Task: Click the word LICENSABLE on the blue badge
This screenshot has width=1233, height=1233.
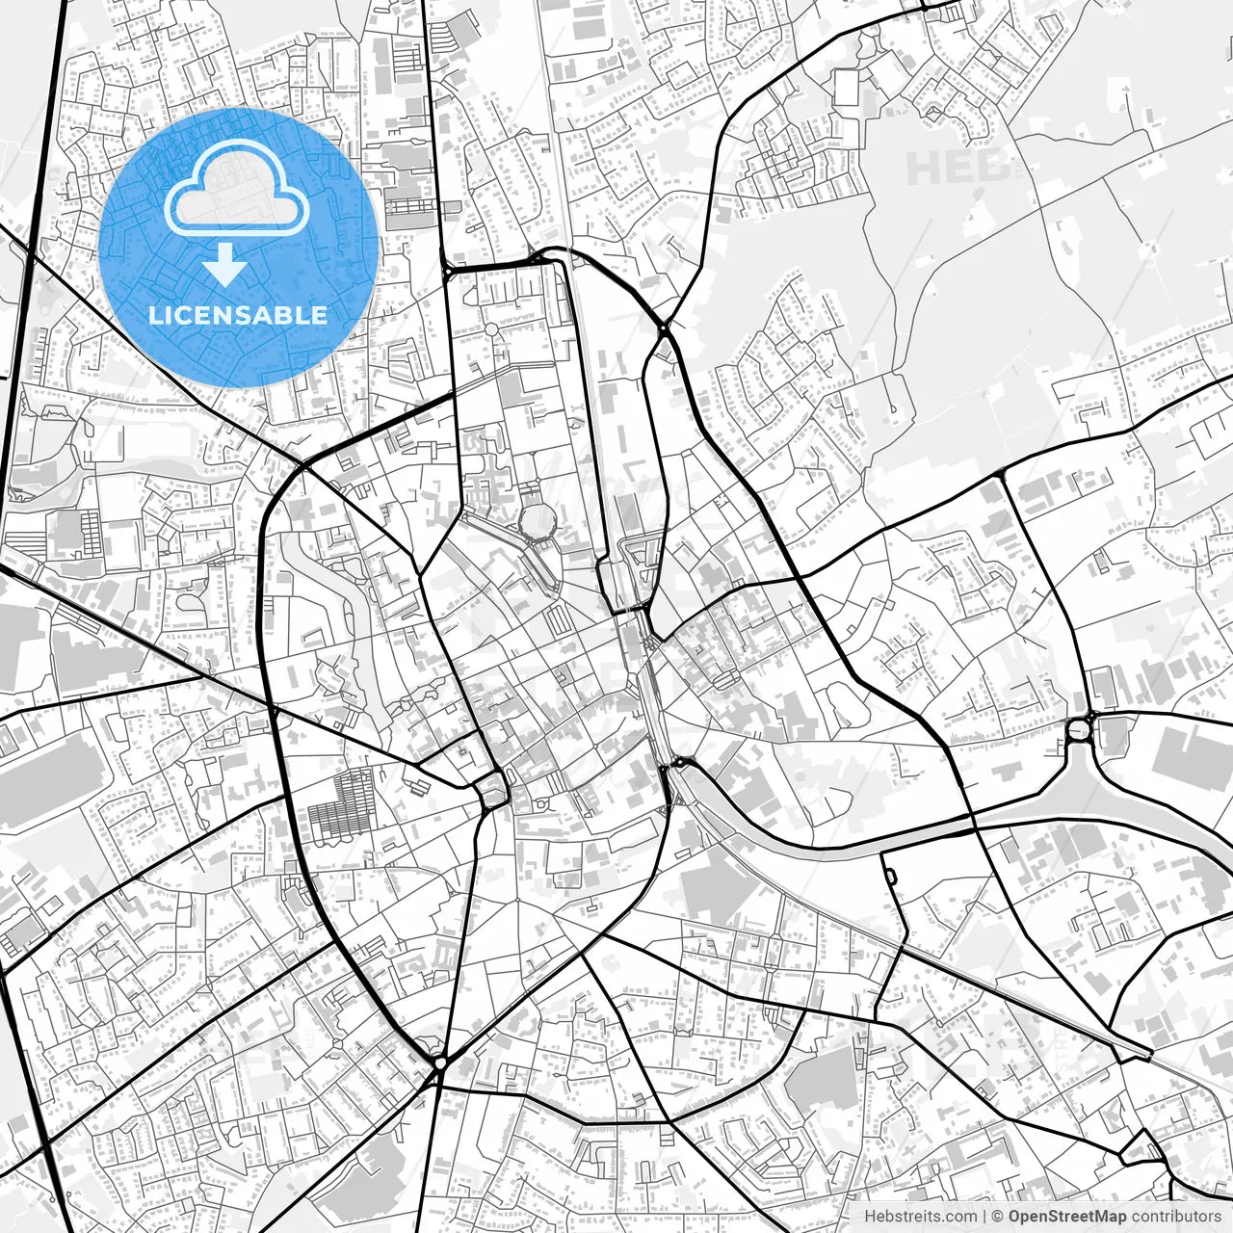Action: point(237,315)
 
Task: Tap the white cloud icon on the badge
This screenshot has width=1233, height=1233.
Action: point(236,190)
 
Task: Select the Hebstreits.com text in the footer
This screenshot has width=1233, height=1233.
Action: point(920,1217)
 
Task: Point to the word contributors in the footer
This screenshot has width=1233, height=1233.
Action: point(1175,1217)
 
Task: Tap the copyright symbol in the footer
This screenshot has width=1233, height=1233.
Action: point(998,1217)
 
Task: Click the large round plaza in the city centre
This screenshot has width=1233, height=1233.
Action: point(538,522)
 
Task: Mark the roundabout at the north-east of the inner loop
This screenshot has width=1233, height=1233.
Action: point(664,329)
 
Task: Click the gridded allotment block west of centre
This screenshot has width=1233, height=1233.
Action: point(339,805)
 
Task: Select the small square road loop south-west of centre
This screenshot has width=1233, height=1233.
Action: point(492,792)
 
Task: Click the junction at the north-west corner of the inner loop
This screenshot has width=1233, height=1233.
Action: point(449,273)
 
